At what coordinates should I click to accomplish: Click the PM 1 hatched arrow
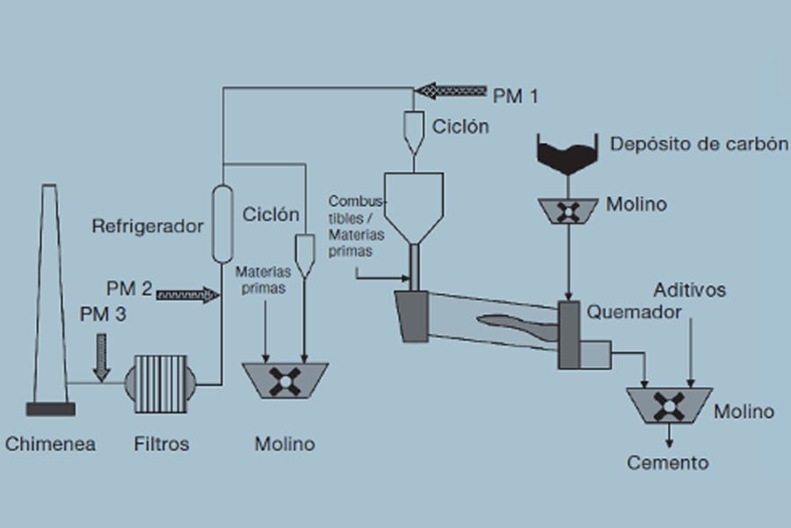[x=452, y=90]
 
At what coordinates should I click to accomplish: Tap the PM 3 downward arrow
[x=102, y=360]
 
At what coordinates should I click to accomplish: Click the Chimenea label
[x=50, y=444]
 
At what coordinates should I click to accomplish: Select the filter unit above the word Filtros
[x=161, y=384]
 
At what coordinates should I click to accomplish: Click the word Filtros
[x=161, y=444]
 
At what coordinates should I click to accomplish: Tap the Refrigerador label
[x=148, y=226]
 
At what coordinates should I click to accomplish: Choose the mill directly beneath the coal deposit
[x=568, y=209]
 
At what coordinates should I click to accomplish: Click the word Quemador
[x=634, y=312]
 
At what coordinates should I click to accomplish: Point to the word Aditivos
[x=690, y=290]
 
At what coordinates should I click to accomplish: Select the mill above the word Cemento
[x=671, y=406]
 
